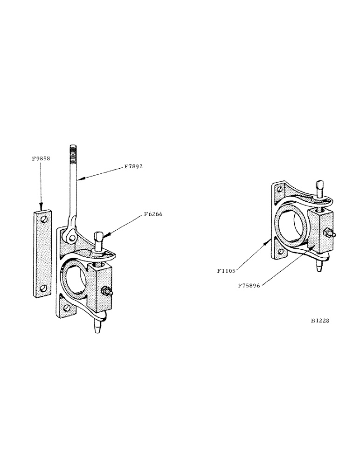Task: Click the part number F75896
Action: coord(249,287)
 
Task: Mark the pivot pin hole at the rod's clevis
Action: coord(71,238)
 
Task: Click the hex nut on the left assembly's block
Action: coord(107,292)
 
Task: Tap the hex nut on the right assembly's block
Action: coord(328,234)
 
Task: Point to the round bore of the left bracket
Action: coord(76,279)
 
